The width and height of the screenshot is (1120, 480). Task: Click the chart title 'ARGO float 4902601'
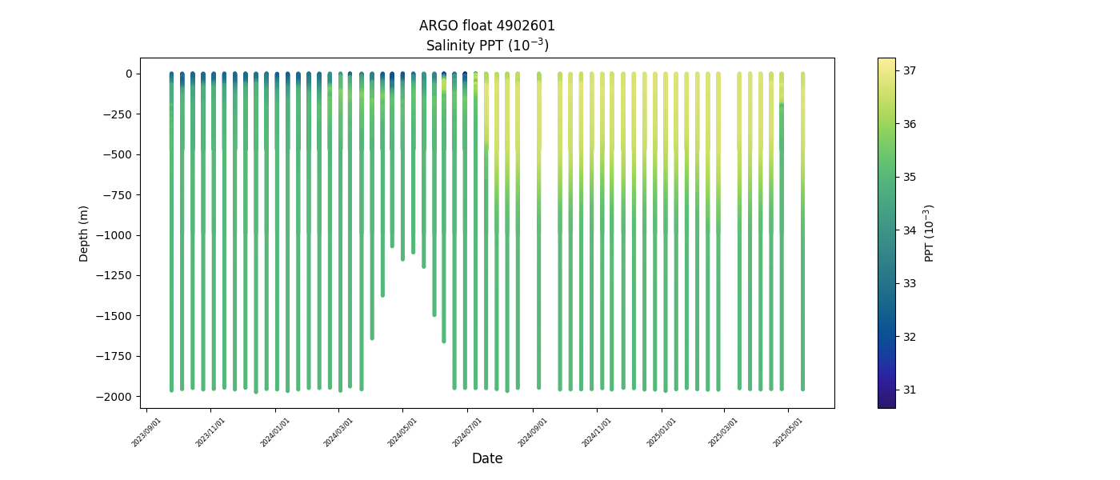click(486, 26)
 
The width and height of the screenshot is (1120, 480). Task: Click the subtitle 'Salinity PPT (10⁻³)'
click(486, 46)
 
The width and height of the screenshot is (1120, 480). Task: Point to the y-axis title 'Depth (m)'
click(84, 233)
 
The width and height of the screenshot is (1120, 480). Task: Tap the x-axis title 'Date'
click(486, 458)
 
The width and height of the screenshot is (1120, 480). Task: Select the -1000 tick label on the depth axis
click(114, 235)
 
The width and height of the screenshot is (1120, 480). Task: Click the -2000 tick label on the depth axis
click(114, 397)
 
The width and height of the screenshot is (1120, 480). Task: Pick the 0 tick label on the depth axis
click(127, 74)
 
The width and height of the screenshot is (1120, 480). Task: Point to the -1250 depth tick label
click(114, 275)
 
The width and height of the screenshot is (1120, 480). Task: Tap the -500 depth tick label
click(117, 154)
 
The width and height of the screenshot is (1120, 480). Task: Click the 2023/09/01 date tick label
click(147, 432)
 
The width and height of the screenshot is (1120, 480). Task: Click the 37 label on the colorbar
click(910, 70)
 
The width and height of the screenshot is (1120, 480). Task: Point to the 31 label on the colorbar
click(910, 390)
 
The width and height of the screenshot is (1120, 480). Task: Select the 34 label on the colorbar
click(910, 230)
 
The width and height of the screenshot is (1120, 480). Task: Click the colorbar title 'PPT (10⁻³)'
click(930, 233)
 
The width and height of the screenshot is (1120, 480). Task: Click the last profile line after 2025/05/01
click(802, 240)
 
